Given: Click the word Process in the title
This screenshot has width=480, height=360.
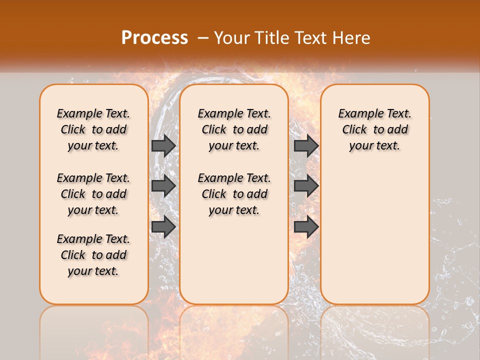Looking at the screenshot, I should (154, 38).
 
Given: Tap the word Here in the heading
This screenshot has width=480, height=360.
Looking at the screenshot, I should (352, 38).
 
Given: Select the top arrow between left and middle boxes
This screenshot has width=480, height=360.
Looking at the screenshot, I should (163, 145).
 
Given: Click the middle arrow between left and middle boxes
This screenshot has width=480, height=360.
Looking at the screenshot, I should (163, 186).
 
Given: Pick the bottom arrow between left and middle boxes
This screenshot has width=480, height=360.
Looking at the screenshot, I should (163, 226).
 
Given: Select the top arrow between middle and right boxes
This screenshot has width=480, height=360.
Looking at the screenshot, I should (306, 145).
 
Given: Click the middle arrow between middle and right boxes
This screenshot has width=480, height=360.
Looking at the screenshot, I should (306, 186).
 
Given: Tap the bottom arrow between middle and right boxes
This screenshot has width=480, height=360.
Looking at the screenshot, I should (306, 226).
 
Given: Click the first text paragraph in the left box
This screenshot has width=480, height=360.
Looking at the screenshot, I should (93, 129).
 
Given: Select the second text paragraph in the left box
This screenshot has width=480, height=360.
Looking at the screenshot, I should (93, 194).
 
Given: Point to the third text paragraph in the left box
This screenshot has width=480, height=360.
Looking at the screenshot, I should (93, 255).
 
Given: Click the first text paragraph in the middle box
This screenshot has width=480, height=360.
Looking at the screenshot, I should (234, 129).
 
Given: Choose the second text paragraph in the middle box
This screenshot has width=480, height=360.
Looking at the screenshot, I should (234, 194).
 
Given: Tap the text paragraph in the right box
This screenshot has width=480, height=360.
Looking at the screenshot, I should (374, 129).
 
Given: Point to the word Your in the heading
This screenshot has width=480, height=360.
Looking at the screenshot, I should (229, 38).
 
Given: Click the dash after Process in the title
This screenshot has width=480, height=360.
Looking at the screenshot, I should (203, 38).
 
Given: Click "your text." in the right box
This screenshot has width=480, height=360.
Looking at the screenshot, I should (374, 146).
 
